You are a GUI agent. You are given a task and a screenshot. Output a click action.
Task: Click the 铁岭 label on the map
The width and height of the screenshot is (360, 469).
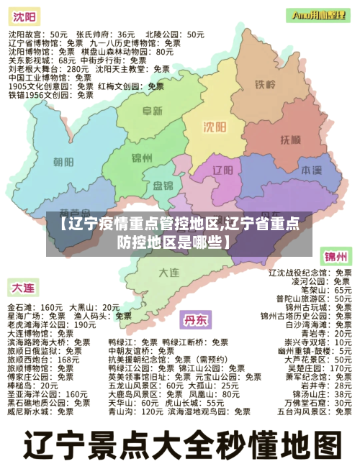click(266, 85)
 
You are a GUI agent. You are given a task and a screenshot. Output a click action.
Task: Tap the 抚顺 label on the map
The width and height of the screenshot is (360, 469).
click(291, 139)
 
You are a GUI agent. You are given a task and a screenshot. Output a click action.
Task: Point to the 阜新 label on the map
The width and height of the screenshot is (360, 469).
click(152, 111)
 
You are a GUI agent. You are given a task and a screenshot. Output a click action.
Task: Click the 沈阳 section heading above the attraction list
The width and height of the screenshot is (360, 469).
click(23, 17)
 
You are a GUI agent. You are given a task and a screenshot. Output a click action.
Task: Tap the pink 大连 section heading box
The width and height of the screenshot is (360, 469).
click(22, 288)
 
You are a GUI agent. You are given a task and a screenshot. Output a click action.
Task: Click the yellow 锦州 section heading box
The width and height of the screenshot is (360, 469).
click(336, 256)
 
